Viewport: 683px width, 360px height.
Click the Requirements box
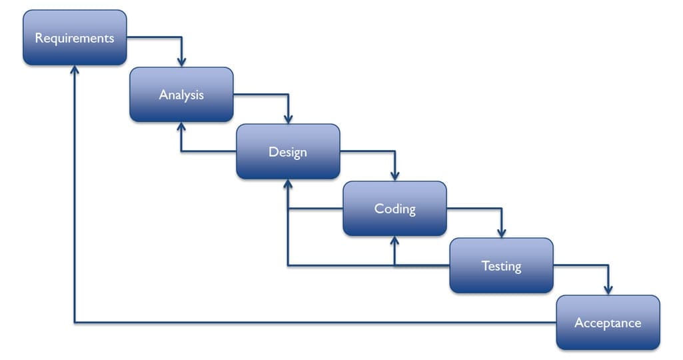[x=75, y=38]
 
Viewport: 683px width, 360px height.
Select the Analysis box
[x=181, y=95]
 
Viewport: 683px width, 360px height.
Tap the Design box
[x=288, y=152]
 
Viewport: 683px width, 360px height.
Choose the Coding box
[x=394, y=209]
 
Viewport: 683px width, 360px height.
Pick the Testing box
[x=501, y=266]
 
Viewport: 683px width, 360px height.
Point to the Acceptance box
[x=608, y=323]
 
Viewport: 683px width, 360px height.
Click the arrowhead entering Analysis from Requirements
[x=181, y=63]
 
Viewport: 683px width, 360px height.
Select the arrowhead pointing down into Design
[x=288, y=119]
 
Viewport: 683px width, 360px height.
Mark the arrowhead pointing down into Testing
[x=501, y=233]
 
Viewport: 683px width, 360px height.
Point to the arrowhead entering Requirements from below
[x=75, y=70]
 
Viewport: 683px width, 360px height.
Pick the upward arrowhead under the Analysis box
[x=181, y=127]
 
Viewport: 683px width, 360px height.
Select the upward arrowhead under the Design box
[x=288, y=184]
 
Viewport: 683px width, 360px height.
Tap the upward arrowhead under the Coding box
[x=394, y=241]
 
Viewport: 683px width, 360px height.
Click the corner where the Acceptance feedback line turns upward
[x=75, y=323]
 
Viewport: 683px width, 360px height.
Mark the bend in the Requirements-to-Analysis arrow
[x=181, y=38]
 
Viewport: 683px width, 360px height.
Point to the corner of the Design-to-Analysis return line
[x=181, y=152]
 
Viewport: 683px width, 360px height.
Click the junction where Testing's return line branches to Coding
[x=394, y=266]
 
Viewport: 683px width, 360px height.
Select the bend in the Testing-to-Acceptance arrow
[x=608, y=266]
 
